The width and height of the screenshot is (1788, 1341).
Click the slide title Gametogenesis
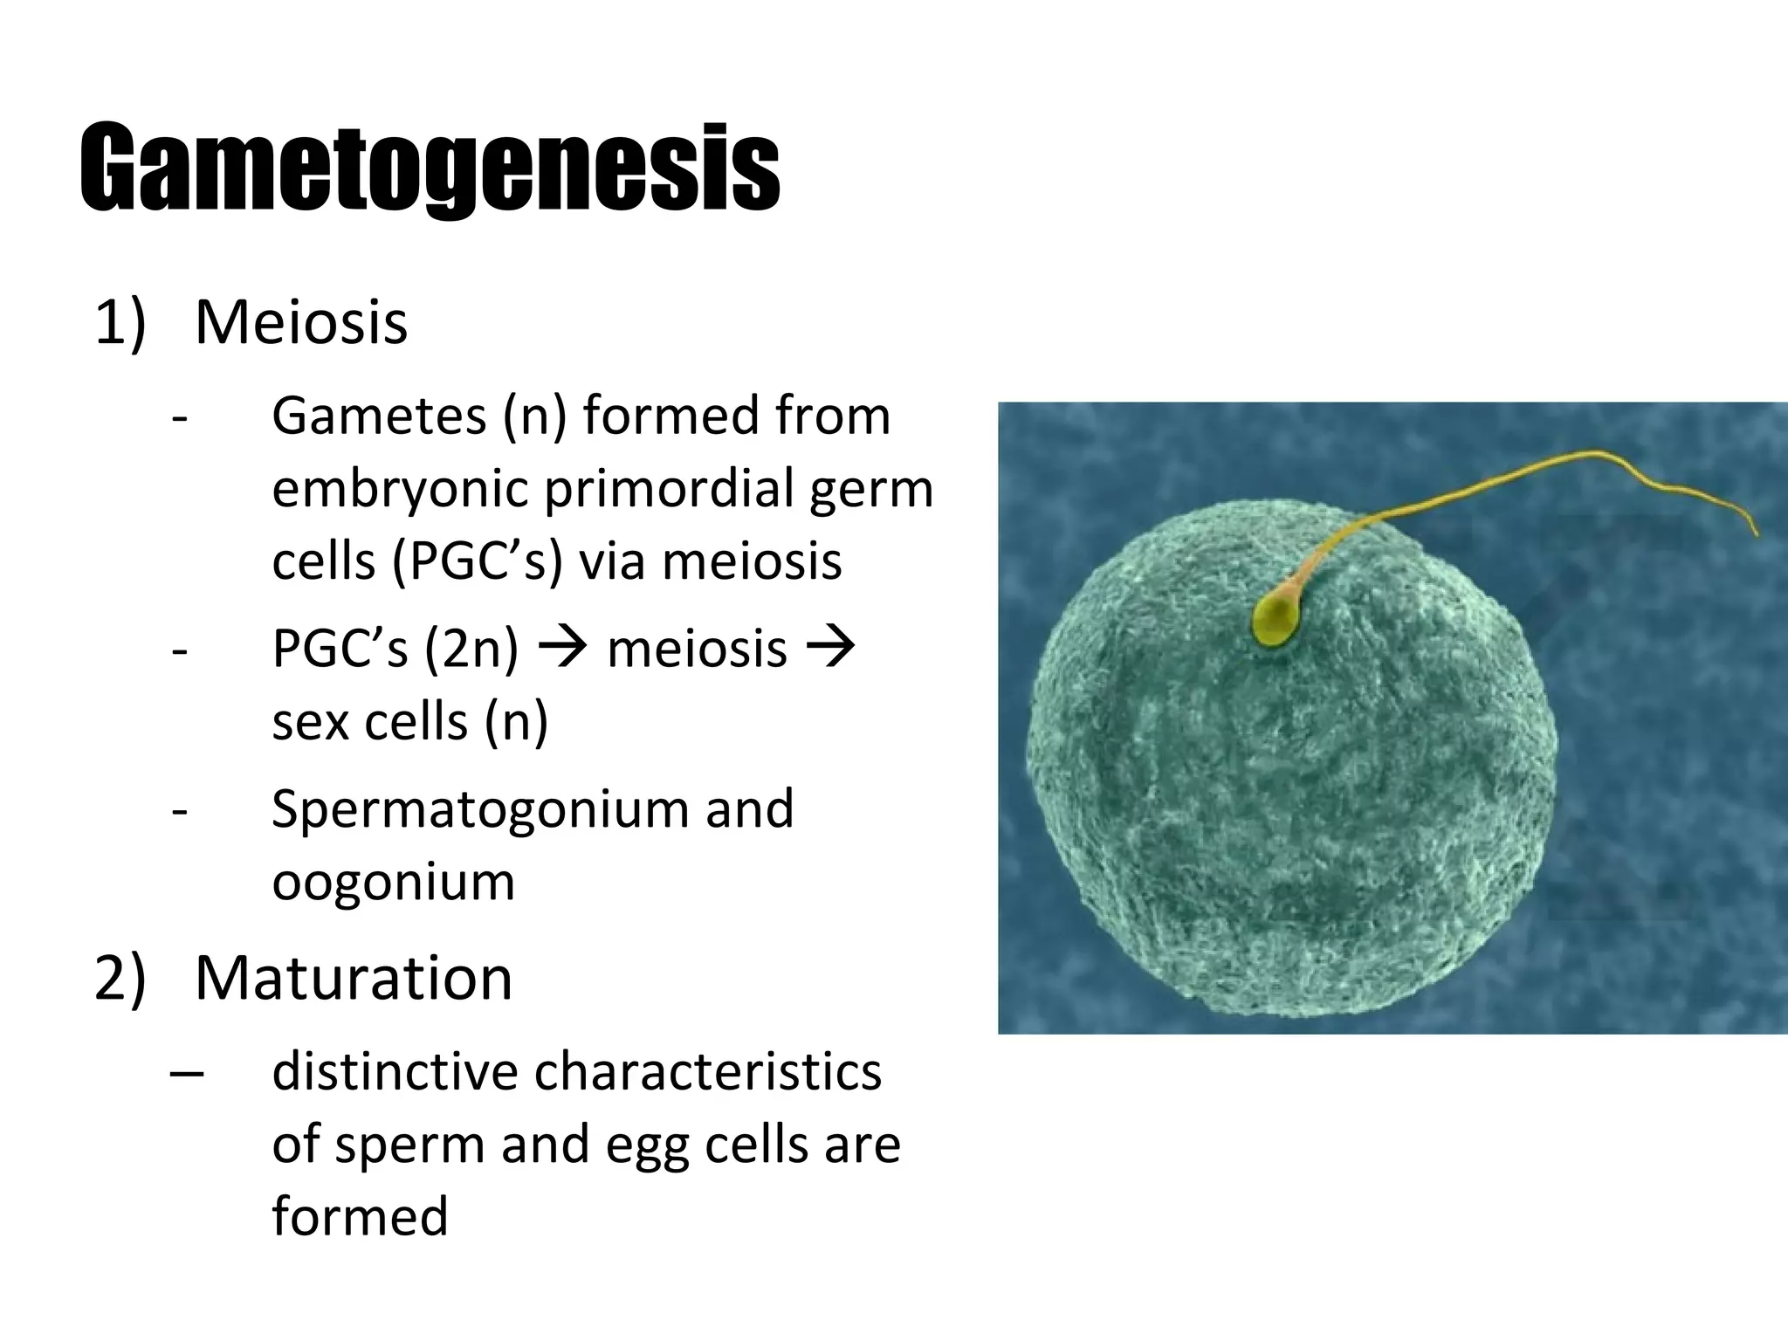point(430,168)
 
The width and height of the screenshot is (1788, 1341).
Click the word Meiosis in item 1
point(300,323)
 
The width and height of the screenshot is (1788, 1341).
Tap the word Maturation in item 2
point(353,978)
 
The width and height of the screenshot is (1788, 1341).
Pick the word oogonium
point(393,882)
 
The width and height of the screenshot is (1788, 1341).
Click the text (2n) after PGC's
point(471,650)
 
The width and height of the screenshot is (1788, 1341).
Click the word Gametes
point(379,416)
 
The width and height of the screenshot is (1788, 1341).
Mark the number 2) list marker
point(120,980)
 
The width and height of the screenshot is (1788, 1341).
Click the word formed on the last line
point(360,1216)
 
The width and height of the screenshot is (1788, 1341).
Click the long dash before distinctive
point(187,1073)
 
